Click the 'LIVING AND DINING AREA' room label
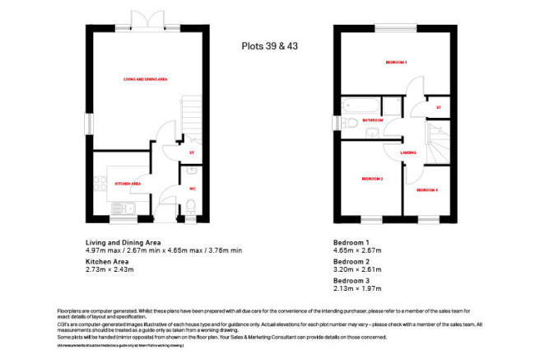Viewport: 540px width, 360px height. pos(145,78)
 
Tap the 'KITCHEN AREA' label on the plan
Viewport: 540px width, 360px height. pos(128,184)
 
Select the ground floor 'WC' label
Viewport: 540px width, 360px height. pos(193,189)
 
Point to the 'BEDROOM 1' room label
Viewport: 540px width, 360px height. pos(397,63)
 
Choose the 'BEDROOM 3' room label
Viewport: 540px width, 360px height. pos(426,190)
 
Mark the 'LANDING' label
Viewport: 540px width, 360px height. pos(407,153)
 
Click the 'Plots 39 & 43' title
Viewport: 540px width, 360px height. pos(269,46)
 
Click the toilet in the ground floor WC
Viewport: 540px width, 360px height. pos(192,173)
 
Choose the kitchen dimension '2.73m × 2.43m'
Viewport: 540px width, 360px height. pos(109,269)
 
